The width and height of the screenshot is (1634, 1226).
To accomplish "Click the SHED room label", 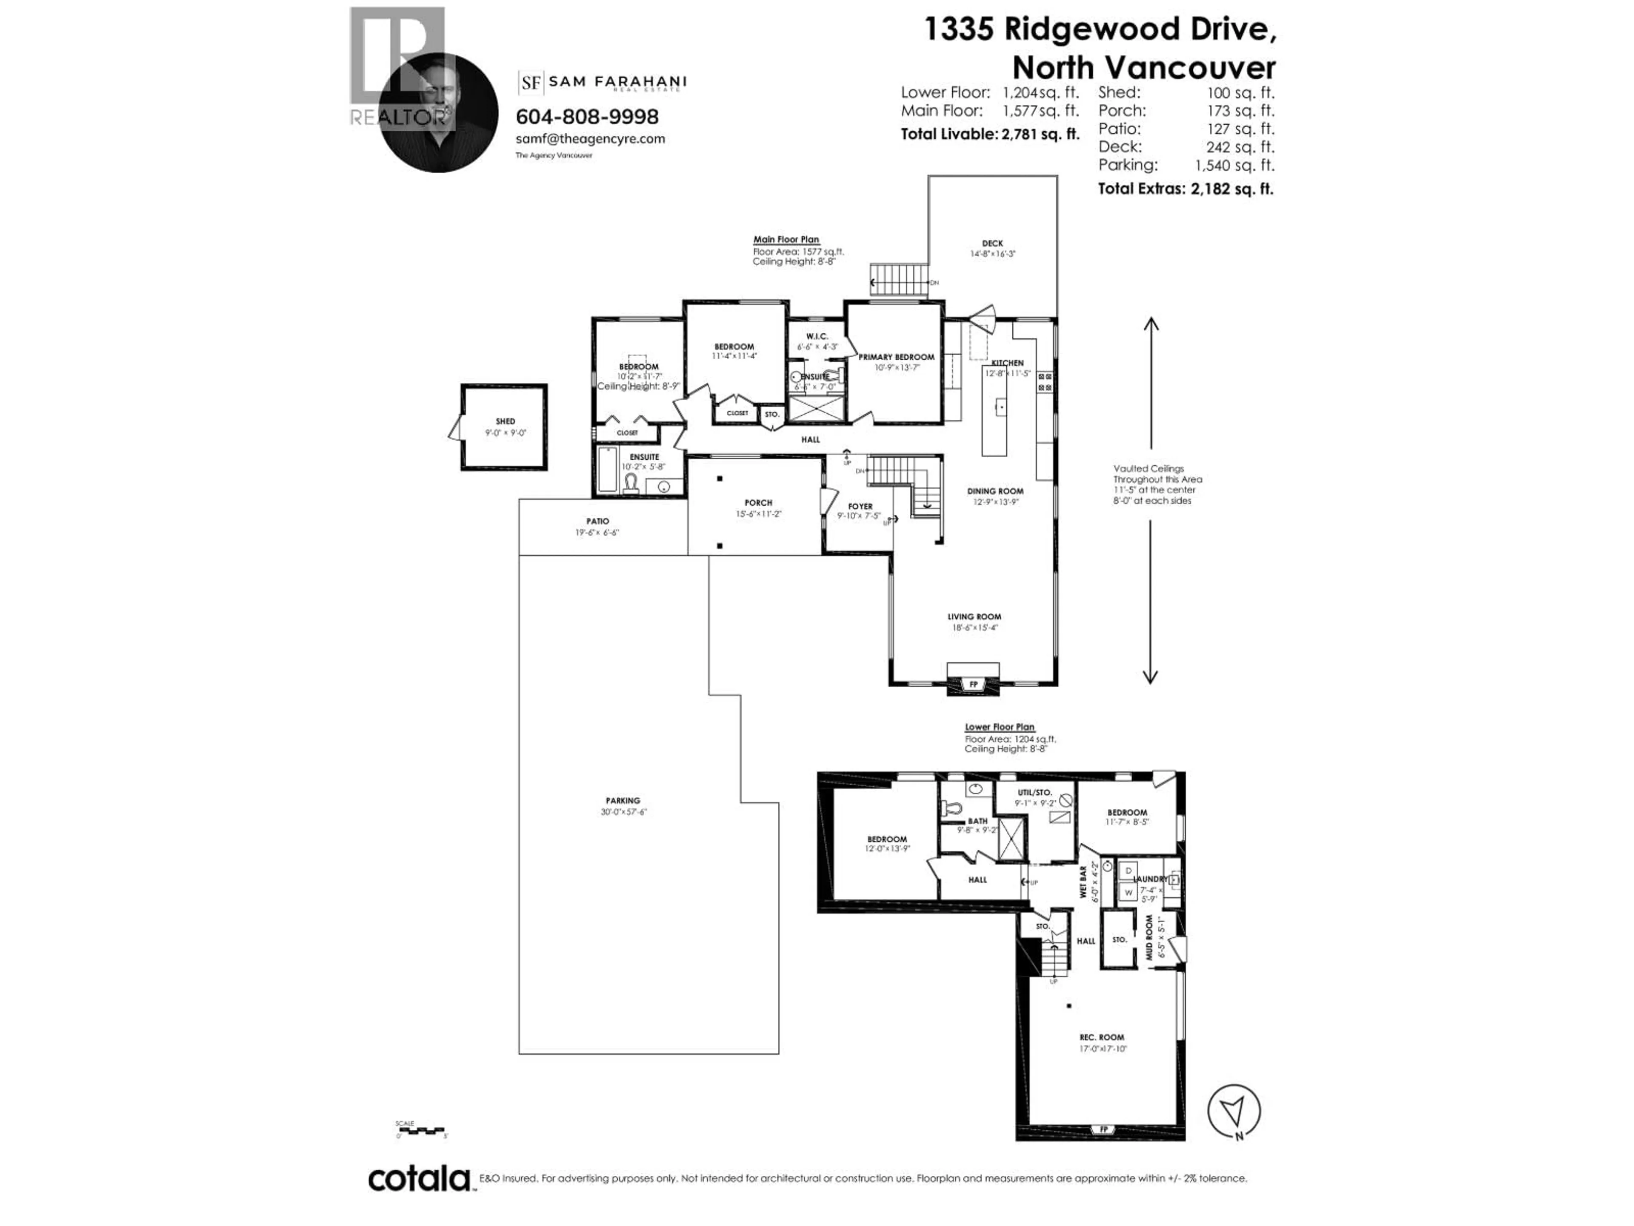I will coord(505,422).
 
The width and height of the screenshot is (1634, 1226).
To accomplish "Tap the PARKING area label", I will coord(623,800).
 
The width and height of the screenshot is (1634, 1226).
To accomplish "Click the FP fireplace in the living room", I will coord(974,685).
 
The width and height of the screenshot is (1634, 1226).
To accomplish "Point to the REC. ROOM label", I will coord(1101,1037).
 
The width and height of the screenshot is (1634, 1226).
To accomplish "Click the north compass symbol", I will coord(1234,1111).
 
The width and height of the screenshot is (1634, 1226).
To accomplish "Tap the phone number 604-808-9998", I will coord(586,117).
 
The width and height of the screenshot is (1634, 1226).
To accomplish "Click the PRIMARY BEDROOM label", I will coord(896,357).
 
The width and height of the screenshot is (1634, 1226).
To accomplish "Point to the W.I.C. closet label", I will coord(817,336).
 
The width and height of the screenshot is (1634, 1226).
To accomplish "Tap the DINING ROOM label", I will coord(995,491).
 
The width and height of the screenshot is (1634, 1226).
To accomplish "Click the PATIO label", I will coord(597,521).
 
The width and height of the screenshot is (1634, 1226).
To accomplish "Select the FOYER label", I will coord(860,506).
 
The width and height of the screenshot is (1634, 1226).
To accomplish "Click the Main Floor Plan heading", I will coord(786,239).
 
